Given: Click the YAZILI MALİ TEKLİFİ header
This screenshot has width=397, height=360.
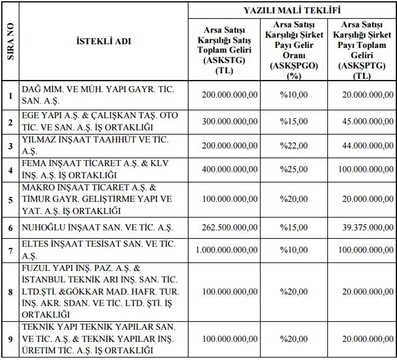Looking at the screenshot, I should pyautogui.click(x=292, y=10).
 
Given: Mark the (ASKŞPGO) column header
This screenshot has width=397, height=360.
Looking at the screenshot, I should pyautogui.click(x=294, y=66).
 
